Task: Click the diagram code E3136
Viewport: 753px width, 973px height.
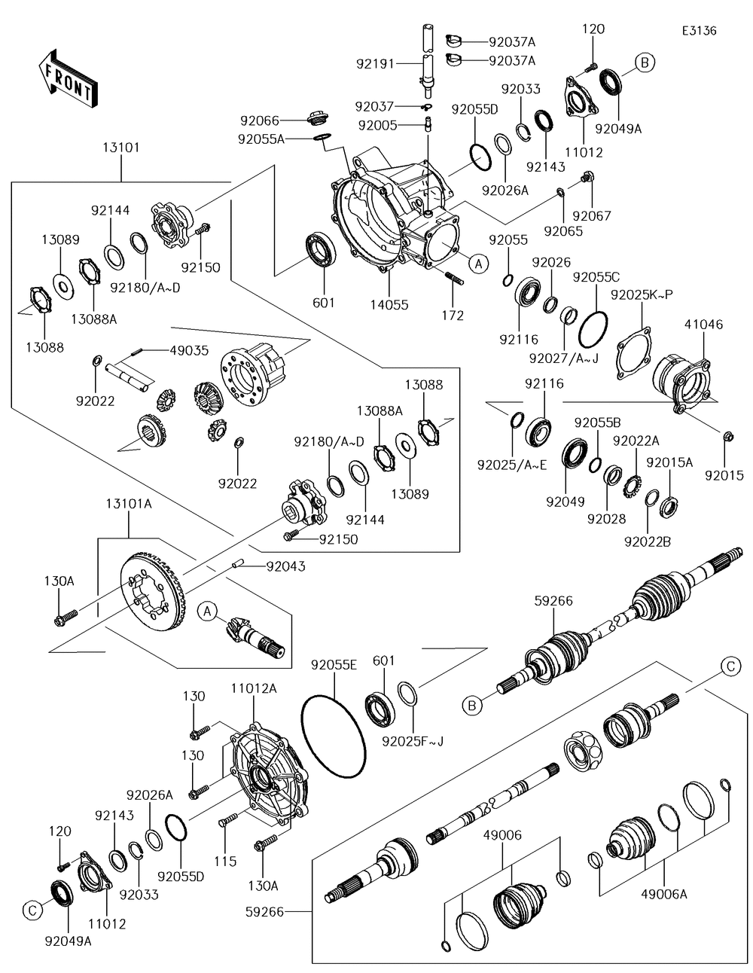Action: pyautogui.click(x=699, y=31)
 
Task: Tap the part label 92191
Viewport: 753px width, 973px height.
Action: pyautogui.click(x=375, y=64)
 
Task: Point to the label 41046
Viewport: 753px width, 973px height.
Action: pyautogui.click(x=703, y=325)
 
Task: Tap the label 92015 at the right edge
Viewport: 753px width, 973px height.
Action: pyautogui.click(x=724, y=475)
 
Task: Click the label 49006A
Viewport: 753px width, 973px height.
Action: pyautogui.click(x=664, y=893)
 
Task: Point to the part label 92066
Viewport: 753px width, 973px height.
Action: pyautogui.click(x=260, y=120)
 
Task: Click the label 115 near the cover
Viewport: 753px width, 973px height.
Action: pyautogui.click(x=225, y=861)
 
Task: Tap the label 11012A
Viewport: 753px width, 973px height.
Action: pyautogui.click(x=253, y=688)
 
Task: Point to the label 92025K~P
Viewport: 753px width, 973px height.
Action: pyautogui.click(x=642, y=293)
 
